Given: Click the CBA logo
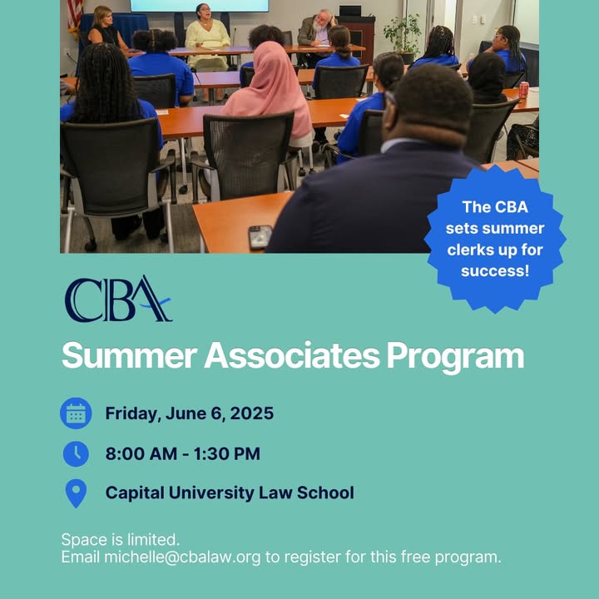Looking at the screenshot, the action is [x=118, y=299].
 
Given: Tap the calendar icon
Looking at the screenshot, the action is [x=76, y=413].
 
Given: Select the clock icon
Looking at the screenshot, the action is [x=76, y=454].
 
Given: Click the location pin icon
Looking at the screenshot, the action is [x=76, y=493].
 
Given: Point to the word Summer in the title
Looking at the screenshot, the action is [x=129, y=355].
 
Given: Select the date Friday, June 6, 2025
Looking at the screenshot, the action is [x=190, y=413].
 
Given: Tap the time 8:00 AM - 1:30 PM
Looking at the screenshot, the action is [x=182, y=454].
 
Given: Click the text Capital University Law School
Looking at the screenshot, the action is [x=230, y=493].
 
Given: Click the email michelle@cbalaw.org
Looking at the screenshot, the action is [x=182, y=557].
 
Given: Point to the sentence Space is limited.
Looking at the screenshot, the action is [x=121, y=540].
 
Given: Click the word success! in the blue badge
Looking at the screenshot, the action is [x=495, y=271].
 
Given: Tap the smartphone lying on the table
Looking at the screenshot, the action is [x=260, y=237].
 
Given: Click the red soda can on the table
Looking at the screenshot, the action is [x=523, y=90].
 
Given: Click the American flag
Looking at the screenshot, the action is [x=75, y=17].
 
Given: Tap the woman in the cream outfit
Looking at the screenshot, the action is [x=207, y=37].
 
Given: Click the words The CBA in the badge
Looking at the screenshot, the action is [x=495, y=207].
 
